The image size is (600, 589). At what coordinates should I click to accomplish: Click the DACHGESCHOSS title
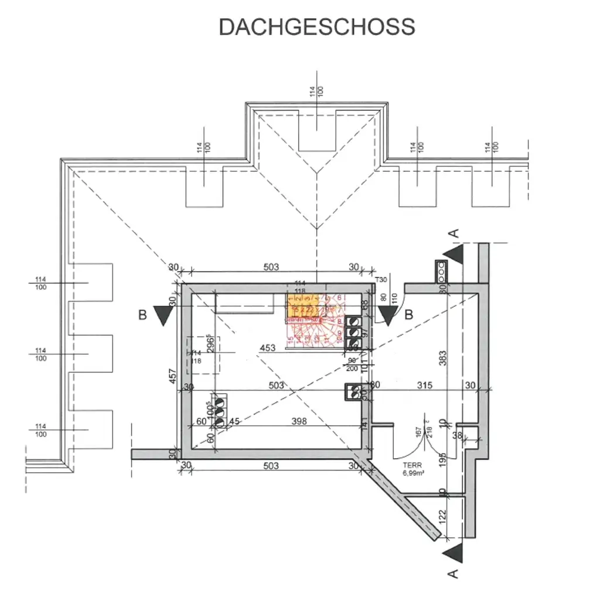coord(317,27)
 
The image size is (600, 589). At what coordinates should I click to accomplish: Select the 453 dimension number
coord(267,348)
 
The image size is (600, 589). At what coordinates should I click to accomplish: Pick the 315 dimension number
coord(424,385)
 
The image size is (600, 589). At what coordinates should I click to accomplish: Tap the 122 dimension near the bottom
coord(443,516)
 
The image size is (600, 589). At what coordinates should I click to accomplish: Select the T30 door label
coord(381,280)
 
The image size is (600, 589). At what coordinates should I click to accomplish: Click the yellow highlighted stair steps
coord(303,307)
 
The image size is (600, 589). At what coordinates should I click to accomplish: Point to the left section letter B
coord(142,315)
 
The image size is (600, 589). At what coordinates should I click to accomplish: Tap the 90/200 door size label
coord(353,364)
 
